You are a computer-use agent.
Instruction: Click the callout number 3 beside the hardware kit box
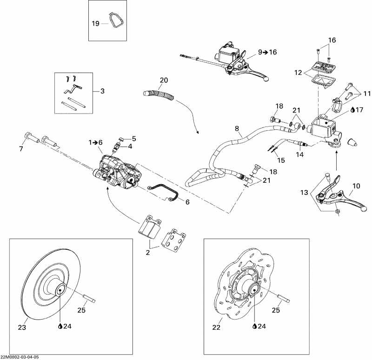tap(103, 91)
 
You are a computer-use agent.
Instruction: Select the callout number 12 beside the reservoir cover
tap(298, 73)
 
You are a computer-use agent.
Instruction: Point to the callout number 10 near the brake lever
tap(356, 186)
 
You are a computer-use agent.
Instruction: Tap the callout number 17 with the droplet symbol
tap(358, 110)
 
